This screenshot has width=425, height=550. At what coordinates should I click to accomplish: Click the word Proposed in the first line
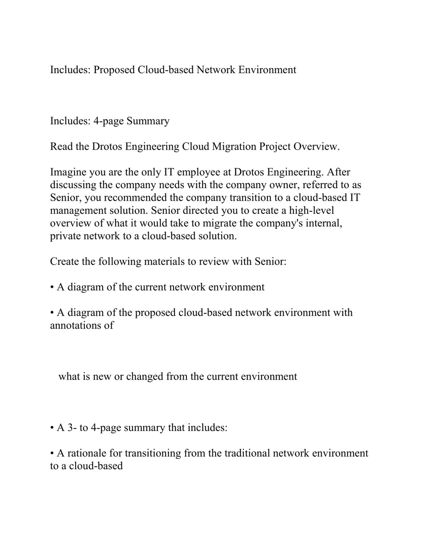point(114,70)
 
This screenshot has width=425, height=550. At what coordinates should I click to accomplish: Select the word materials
point(164,262)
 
